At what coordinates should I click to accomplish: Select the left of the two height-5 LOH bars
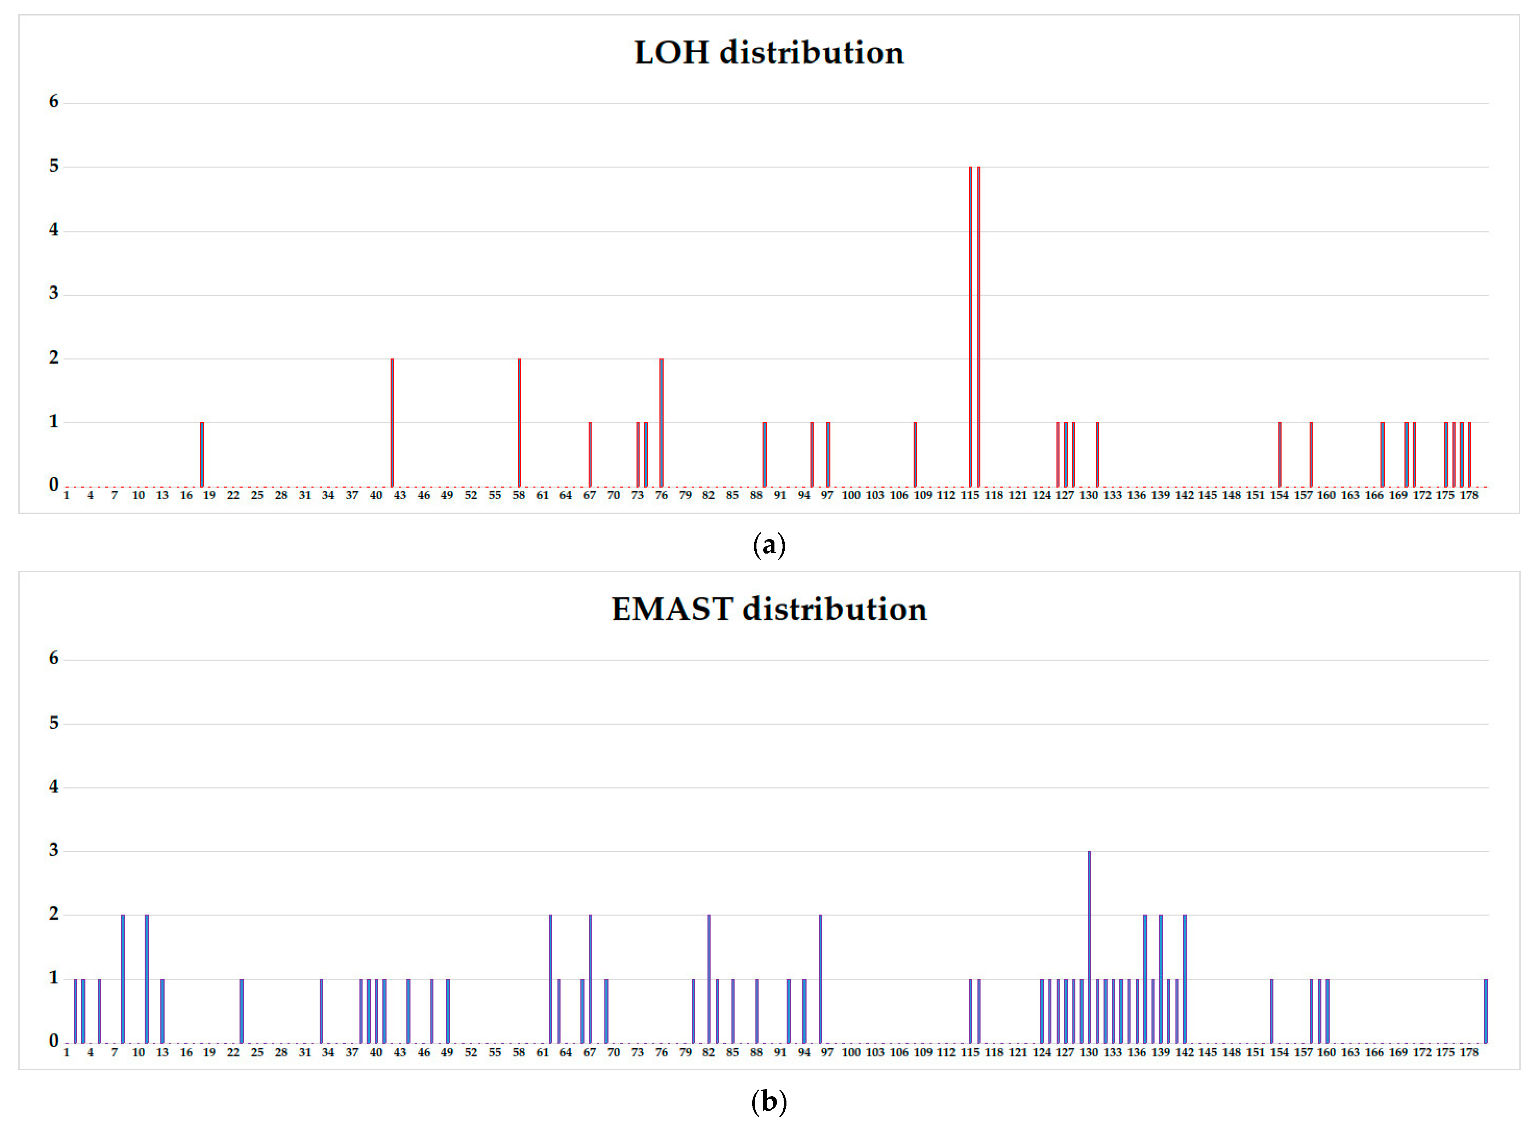pos(970,326)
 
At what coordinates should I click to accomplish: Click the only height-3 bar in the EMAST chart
pos(1089,947)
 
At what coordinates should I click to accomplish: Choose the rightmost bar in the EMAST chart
pos(1485,1011)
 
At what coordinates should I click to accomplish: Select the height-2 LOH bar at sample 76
pos(661,423)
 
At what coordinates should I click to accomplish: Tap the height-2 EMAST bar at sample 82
pos(709,979)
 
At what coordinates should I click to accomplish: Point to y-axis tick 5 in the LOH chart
pos(54,166)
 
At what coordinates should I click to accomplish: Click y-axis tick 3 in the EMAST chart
pos(54,850)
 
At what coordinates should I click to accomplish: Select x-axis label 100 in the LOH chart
pos(851,495)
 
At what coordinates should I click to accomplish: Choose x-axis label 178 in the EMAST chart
pos(1468,1052)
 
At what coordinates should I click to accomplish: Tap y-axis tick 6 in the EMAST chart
pos(54,658)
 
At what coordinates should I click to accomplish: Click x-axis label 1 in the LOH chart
pos(66,495)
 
